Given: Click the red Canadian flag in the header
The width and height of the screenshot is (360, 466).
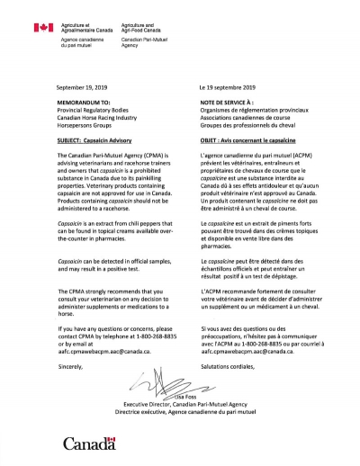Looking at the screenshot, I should pos(41,29).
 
